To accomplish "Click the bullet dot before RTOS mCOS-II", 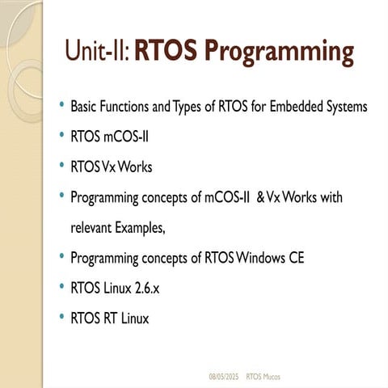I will click(x=62, y=137).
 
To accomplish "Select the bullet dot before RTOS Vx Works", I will click(x=62, y=167).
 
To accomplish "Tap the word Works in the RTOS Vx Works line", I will click(x=135, y=167).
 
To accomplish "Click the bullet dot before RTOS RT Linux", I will click(x=62, y=318).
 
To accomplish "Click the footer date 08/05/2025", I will click(x=224, y=377).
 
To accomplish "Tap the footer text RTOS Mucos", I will click(x=264, y=377).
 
